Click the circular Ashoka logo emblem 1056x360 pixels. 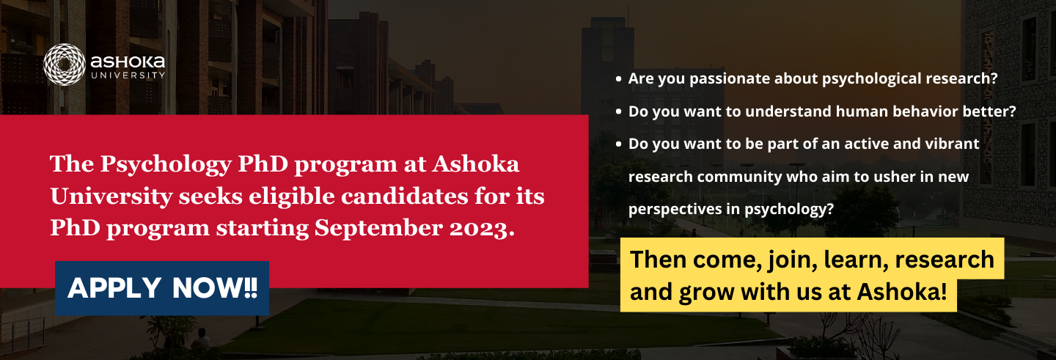tap(64, 65)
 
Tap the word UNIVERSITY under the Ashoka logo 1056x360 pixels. tap(128, 76)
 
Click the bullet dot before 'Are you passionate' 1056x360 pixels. tap(618, 79)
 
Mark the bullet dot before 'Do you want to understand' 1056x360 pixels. tap(618, 111)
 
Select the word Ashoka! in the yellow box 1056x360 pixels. tap(902, 292)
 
